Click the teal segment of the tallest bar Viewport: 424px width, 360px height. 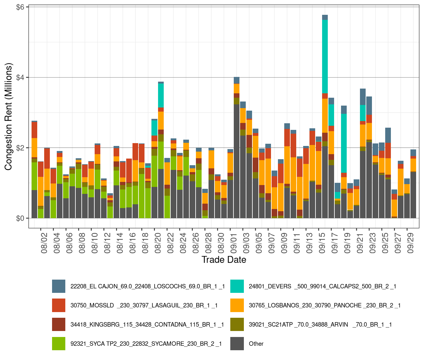point(325,56)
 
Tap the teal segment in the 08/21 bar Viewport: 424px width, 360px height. point(161,95)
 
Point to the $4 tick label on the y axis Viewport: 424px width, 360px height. point(21,77)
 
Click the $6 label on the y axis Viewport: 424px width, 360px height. point(21,7)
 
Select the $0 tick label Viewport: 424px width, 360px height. point(21,218)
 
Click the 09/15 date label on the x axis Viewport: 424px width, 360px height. point(322,243)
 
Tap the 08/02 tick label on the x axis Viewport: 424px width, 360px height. point(44,243)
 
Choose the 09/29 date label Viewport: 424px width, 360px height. point(410,243)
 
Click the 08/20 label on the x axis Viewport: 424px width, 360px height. point(158,243)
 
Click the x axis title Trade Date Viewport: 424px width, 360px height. point(224,260)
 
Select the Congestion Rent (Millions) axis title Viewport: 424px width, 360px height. point(8,117)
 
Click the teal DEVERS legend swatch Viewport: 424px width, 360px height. point(237,286)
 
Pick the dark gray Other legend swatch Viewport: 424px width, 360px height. point(237,344)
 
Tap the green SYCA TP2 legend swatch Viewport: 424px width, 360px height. point(59,344)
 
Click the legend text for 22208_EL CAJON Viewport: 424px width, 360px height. point(147,286)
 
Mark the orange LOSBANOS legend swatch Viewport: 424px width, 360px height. point(237,305)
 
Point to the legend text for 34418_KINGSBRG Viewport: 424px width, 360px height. point(147,324)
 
